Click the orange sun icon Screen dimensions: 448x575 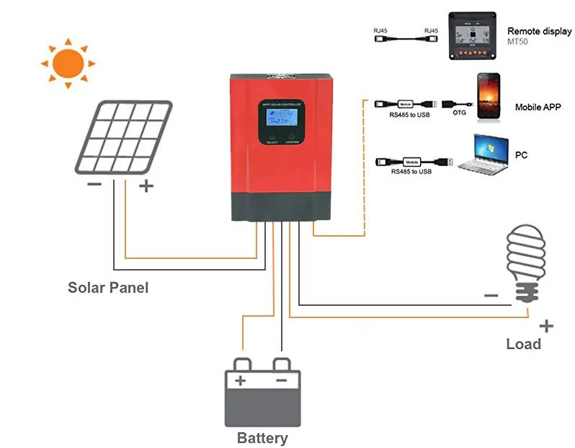click(x=68, y=63)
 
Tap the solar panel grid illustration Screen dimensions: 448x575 click(x=123, y=138)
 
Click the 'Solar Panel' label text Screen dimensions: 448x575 click(x=108, y=287)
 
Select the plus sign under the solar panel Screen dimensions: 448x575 click(x=146, y=186)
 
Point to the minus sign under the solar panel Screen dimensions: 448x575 click(x=94, y=185)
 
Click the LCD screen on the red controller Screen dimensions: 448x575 click(x=277, y=118)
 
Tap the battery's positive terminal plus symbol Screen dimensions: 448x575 click(x=241, y=380)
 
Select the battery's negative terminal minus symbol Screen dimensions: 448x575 click(x=282, y=380)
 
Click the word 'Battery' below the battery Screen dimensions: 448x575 click(x=262, y=438)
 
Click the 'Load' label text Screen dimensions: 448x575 click(x=523, y=344)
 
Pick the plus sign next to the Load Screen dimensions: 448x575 click(x=546, y=326)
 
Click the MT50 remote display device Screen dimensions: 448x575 click(x=473, y=35)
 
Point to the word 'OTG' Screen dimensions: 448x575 click(x=459, y=113)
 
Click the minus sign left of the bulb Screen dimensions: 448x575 click(x=491, y=295)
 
